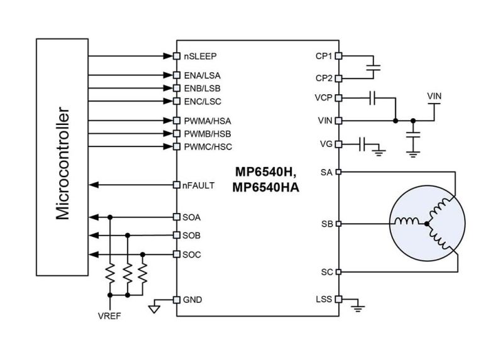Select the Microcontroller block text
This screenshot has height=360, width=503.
point(63,157)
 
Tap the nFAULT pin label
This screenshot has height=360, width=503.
point(198,185)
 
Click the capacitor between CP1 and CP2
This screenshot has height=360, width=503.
point(375,67)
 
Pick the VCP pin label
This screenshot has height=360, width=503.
point(324,98)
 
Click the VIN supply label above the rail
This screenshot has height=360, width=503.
point(434,95)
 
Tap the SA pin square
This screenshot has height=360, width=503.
point(339,172)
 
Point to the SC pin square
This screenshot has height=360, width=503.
point(339,272)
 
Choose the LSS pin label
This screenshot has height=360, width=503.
point(324,300)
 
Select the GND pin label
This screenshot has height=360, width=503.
point(192,300)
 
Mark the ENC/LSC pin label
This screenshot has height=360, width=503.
point(202,101)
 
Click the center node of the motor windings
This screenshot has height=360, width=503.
point(427,223)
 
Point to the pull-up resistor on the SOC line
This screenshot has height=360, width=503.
point(143,274)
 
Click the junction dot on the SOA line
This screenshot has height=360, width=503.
point(110,217)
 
